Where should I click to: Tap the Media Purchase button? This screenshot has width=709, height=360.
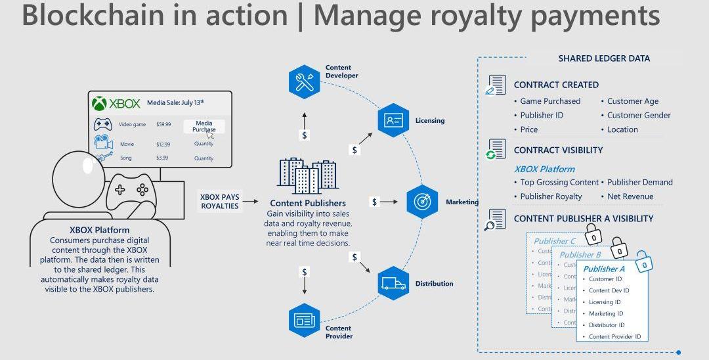[204, 126]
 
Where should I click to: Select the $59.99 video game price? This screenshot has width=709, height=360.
[163, 124]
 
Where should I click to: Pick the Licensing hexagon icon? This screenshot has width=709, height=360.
[393, 120]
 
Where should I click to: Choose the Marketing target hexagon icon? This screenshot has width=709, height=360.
[422, 202]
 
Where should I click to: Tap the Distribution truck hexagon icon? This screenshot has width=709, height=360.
[393, 283]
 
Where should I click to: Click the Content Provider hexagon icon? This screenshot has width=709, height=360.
[304, 321]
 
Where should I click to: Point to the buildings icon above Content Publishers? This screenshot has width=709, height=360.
[308, 176]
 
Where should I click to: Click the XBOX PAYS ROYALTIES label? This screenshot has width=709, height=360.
[220, 202]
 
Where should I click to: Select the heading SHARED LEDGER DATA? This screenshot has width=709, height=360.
[604, 58]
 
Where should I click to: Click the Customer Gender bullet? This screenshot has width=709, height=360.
[639, 115]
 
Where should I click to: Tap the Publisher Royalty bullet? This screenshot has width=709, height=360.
[551, 196]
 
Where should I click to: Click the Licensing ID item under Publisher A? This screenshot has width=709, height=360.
[605, 302]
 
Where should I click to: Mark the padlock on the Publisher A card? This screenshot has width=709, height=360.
[645, 263]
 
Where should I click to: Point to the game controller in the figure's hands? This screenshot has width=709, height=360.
[131, 191]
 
